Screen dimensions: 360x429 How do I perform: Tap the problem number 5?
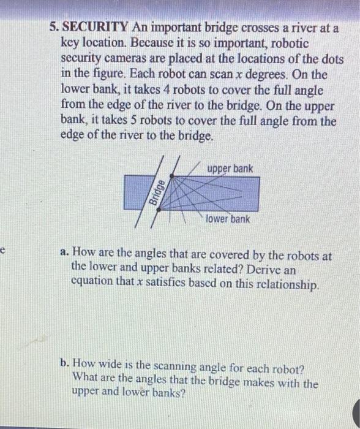coord(54,27)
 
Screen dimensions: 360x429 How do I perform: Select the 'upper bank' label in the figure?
coord(230,168)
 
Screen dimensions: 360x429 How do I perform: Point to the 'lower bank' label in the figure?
coord(228,219)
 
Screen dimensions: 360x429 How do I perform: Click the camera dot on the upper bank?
coord(170,176)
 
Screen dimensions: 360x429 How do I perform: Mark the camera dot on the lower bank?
coord(159,208)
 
